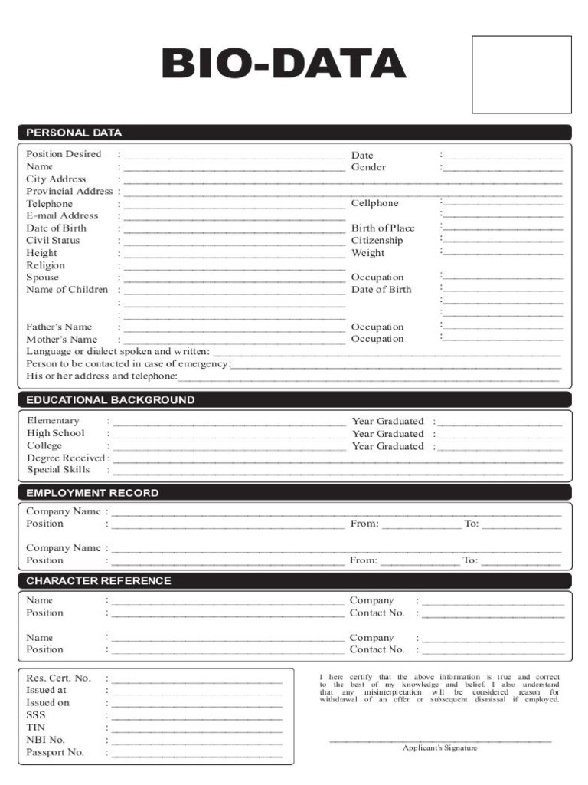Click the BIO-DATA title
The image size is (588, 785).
point(283,64)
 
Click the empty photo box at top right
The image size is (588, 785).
point(521,74)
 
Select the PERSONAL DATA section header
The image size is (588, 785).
point(74,133)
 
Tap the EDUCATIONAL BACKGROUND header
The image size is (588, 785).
point(110,400)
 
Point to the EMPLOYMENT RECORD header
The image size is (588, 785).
point(93,493)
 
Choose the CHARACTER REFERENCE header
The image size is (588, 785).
point(99,581)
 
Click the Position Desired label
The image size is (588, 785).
point(64,154)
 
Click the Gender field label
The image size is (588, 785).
point(368,167)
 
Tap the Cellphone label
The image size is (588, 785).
point(374,203)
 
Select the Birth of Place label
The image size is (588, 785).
point(383,228)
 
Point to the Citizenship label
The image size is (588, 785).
point(377,241)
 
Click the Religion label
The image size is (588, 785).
point(45,265)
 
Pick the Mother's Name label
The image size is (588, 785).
point(61,339)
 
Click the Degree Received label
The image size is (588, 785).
point(64,458)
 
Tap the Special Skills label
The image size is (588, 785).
point(58,470)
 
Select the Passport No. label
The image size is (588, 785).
point(55,752)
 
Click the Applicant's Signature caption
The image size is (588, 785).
point(440,748)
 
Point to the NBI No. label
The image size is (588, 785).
point(46,740)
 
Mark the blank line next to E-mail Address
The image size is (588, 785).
point(234,218)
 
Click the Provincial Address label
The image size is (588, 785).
point(69,191)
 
